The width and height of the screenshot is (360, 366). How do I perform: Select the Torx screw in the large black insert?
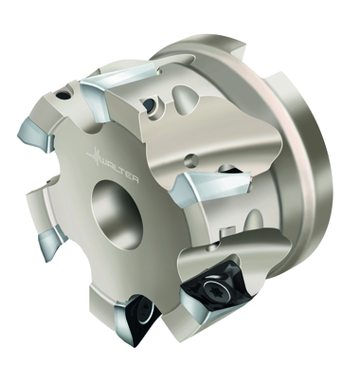211,288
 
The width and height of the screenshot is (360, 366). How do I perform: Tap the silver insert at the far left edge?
34,135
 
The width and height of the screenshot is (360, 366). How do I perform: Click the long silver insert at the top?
120,84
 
